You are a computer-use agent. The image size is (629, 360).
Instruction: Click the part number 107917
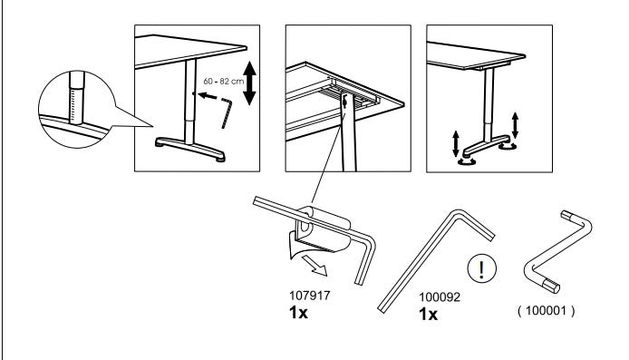pos(309,296)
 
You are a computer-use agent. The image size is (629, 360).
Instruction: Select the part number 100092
pos(440,297)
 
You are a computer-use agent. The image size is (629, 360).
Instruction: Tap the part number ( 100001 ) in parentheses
pos(546,311)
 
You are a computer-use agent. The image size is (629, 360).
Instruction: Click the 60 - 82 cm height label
pos(224,81)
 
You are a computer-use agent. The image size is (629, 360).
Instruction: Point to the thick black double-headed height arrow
pos(249,83)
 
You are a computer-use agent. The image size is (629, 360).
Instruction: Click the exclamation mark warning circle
pos(482,269)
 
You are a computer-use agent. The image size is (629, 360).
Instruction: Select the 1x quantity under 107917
pos(298,312)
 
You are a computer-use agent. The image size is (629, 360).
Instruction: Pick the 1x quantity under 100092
pos(428,315)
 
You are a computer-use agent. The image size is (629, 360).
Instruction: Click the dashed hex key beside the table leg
pos(227,112)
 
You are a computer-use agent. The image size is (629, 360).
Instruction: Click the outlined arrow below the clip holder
pos(315,266)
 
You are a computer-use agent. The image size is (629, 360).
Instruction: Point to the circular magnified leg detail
pos(77,109)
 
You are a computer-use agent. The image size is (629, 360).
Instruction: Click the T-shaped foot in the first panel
pos(190,149)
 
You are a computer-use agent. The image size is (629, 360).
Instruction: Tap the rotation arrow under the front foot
pos(467,161)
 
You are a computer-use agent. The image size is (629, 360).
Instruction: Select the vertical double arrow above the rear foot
pos(515,125)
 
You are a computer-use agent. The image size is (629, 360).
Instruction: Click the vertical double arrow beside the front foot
pos(456,143)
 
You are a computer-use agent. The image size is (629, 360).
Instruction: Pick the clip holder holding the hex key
pos(321,230)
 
